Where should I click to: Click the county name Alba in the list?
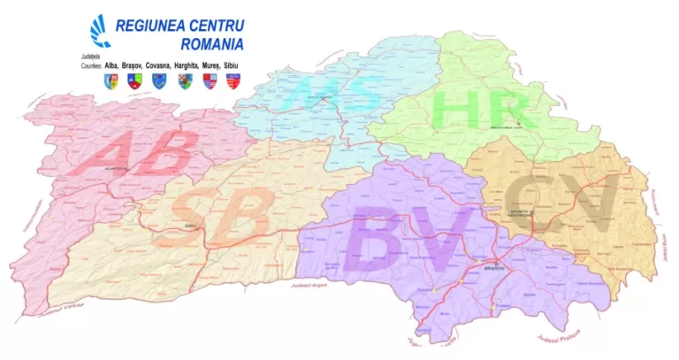pos(111,65)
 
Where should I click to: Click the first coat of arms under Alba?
pos(111,80)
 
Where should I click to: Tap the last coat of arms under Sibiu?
pos(233,80)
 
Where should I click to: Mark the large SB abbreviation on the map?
pos(217,215)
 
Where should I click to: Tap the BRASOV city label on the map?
pos(492,265)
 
